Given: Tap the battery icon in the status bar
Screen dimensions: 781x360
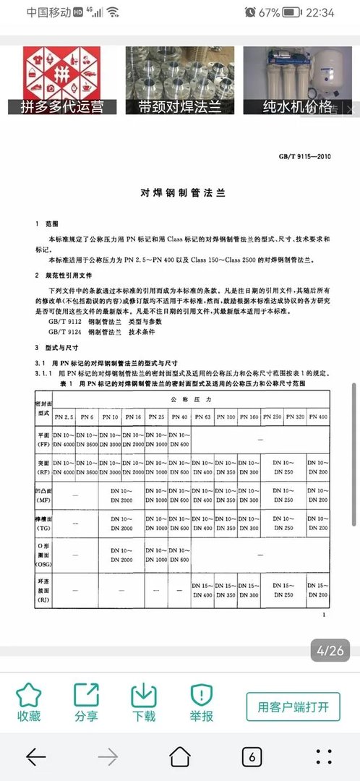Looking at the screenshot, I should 292,12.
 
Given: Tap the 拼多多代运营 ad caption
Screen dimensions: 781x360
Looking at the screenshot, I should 62,107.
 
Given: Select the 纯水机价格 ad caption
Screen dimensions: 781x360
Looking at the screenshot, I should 298,107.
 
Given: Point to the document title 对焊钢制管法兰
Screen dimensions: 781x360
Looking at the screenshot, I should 183,194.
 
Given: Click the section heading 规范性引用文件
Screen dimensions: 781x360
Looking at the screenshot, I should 69,276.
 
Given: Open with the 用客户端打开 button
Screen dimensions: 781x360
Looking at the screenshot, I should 293,707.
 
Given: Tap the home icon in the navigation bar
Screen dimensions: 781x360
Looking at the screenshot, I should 180,756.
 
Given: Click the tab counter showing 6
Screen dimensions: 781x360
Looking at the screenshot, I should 251,756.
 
